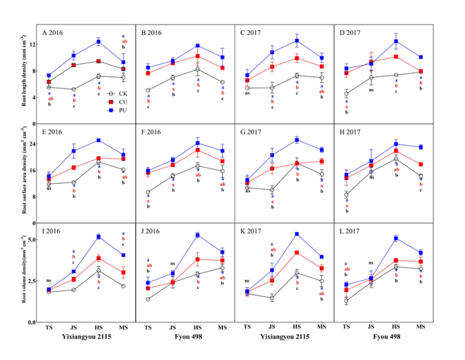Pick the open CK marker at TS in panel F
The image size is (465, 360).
(148, 192)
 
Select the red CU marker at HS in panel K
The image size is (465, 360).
(296, 252)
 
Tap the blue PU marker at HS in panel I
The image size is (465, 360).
(99, 237)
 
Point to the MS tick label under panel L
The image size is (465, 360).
(420, 328)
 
